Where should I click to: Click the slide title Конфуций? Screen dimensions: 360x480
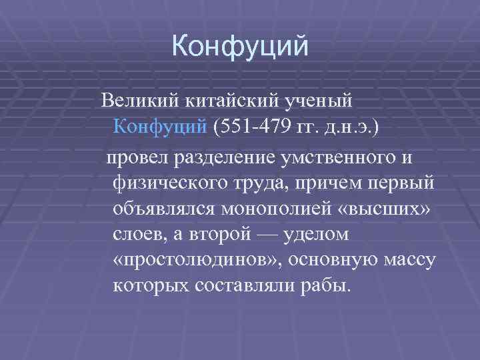(240, 47)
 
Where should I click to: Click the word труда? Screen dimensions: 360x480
(255, 182)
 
